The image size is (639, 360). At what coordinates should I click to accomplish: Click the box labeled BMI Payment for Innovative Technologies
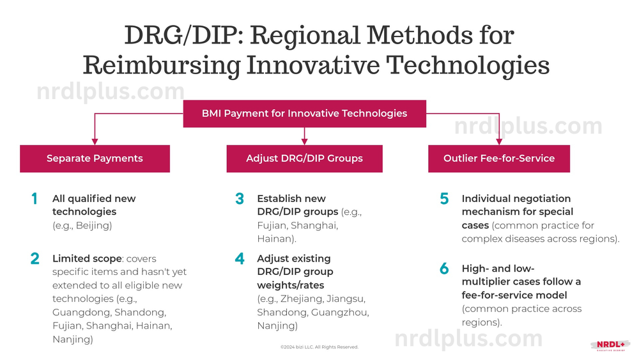tap(304, 113)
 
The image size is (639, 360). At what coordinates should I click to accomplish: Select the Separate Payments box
tap(95, 159)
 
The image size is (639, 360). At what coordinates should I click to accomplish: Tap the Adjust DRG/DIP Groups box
tap(304, 159)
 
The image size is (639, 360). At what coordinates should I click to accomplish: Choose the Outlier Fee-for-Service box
tap(499, 159)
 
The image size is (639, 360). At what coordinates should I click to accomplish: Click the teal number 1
tap(35, 199)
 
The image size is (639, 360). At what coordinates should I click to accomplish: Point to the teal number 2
tap(35, 259)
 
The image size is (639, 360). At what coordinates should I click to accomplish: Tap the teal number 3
tap(240, 199)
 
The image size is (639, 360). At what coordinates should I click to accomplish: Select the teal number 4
tap(240, 259)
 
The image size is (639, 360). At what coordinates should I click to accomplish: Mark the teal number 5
tap(444, 199)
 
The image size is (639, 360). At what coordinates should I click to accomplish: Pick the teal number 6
tap(444, 269)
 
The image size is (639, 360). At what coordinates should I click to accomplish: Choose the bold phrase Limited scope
tap(87, 259)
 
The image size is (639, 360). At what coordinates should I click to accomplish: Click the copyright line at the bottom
tap(319, 347)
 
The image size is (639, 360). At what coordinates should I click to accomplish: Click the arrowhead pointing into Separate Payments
tap(95, 141)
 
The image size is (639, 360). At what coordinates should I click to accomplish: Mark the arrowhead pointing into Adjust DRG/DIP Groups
tap(304, 141)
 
